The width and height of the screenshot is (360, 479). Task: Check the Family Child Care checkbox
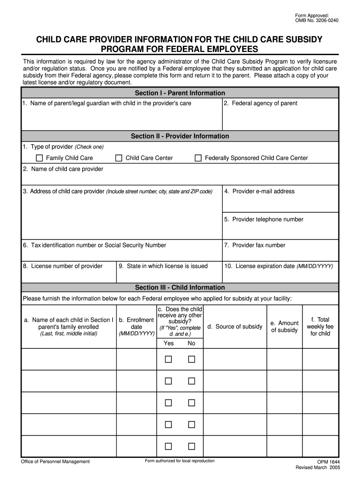[39, 158]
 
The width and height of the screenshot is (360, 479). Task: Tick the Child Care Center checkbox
[119, 158]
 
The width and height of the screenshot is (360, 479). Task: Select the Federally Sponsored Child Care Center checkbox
[198, 158]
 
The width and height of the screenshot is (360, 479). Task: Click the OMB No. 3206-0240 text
[317, 21]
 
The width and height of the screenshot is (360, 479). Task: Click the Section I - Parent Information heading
[180, 93]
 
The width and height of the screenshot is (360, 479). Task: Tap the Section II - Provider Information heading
[180, 136]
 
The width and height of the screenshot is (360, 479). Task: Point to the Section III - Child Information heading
[180, 288]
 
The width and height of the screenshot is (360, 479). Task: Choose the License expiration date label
[279, 266]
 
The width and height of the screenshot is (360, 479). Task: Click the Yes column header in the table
[169, 343]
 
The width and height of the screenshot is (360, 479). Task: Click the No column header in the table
[191, 343]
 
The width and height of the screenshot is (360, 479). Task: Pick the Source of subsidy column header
[235, 327]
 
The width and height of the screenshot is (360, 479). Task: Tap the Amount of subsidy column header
[284, 327]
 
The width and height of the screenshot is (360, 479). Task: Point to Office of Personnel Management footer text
[55, 462]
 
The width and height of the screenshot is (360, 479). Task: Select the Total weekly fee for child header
[320, 327]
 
